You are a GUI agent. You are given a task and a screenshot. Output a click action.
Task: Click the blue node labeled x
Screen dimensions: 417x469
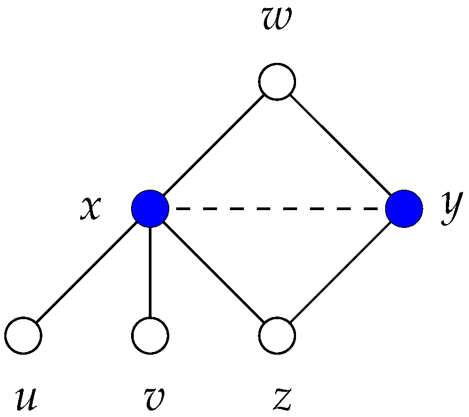[150, 208]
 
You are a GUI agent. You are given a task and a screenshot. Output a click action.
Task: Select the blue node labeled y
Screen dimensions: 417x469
[404, 208]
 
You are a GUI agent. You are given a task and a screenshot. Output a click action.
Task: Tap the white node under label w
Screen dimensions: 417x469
[277, 82]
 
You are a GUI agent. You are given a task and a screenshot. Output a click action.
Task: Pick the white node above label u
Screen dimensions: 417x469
[24, 335]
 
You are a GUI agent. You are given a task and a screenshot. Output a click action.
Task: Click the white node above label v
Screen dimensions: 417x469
[150, 335]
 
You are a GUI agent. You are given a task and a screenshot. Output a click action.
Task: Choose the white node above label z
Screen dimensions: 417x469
[277, 335]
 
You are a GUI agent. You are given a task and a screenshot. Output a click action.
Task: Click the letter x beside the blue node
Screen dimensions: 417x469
[90, 208]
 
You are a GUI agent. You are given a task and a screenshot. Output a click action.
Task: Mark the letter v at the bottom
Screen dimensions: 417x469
[150, 399]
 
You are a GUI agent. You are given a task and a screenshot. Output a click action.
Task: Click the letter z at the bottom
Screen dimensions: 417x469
[282, 399]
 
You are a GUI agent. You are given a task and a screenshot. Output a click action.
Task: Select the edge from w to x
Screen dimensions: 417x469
[214, 145]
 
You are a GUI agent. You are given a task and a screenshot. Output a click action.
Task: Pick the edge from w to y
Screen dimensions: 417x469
[341, 145]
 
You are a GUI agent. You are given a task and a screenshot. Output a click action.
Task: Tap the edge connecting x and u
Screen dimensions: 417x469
[87, 272]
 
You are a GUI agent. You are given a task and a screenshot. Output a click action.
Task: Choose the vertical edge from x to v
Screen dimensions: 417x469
[150, 272]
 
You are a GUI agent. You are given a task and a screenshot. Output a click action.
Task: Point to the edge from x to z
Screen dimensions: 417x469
[214, 272]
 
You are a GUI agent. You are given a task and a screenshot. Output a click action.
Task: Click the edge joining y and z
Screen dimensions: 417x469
[341, 272]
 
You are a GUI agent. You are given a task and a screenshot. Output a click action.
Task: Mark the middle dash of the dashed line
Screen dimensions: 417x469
[277, 208]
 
